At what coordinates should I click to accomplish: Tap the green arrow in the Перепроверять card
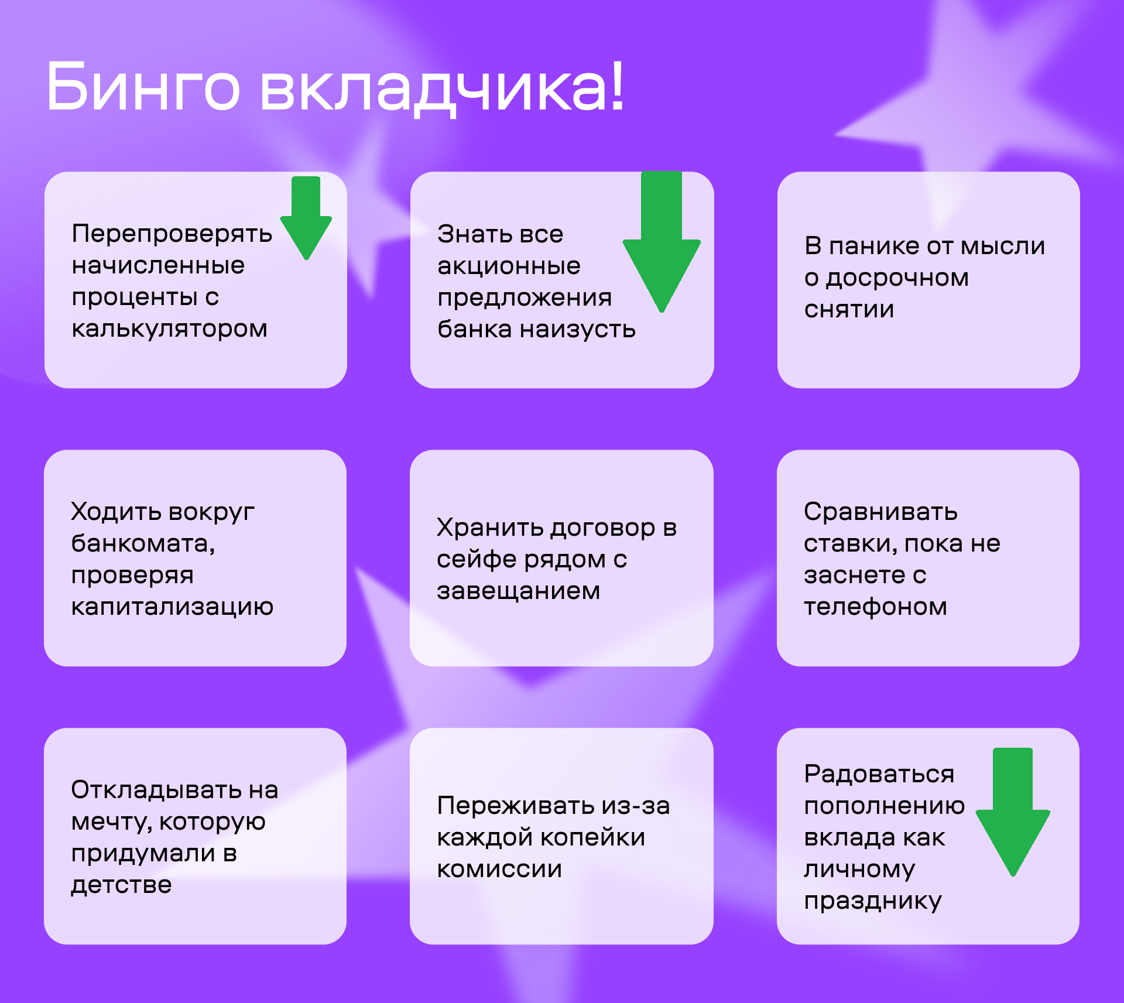pyautogui.click(x=306, y=218)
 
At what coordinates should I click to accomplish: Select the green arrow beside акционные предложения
pyautogui.click(x=662, y=241)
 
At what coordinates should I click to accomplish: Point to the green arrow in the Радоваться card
pyautogui.click(x=1013, y=812)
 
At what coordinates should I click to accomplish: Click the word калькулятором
pyautogui.click(x=170, y=329)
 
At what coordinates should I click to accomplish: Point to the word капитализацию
pyautogui.click(x=172, y=607)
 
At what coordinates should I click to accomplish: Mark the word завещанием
pyautogui.click(x=519, y=591)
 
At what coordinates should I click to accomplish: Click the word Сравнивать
pyautogui.click(x=880, y=512)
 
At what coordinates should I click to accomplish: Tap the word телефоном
pyautogui.click(x=875, y=607)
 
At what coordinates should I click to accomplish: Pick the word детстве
pyautogui.click(x=121, y=885)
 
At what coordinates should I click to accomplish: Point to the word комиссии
pyautogui.click(x=499, y=870)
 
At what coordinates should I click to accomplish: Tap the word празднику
pyautogui.click(x=873, y=901)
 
